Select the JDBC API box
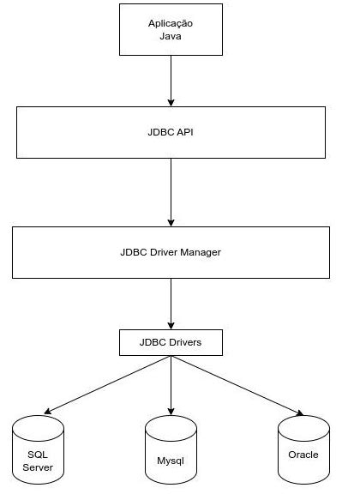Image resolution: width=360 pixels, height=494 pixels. (171, 133)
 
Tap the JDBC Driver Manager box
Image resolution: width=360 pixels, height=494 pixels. (171, 253)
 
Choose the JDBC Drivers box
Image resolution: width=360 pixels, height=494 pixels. (171, 344)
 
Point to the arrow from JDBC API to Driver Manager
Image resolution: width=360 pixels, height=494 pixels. (171, 192)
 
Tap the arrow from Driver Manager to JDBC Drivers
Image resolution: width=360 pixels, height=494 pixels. (171, 304)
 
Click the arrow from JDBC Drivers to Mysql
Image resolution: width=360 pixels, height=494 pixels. (171, 386)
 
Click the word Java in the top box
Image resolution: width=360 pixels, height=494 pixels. (171, 39)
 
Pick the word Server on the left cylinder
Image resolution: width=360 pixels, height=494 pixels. (39, 467)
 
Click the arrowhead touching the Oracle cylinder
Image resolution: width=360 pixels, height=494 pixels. (299, 413)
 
